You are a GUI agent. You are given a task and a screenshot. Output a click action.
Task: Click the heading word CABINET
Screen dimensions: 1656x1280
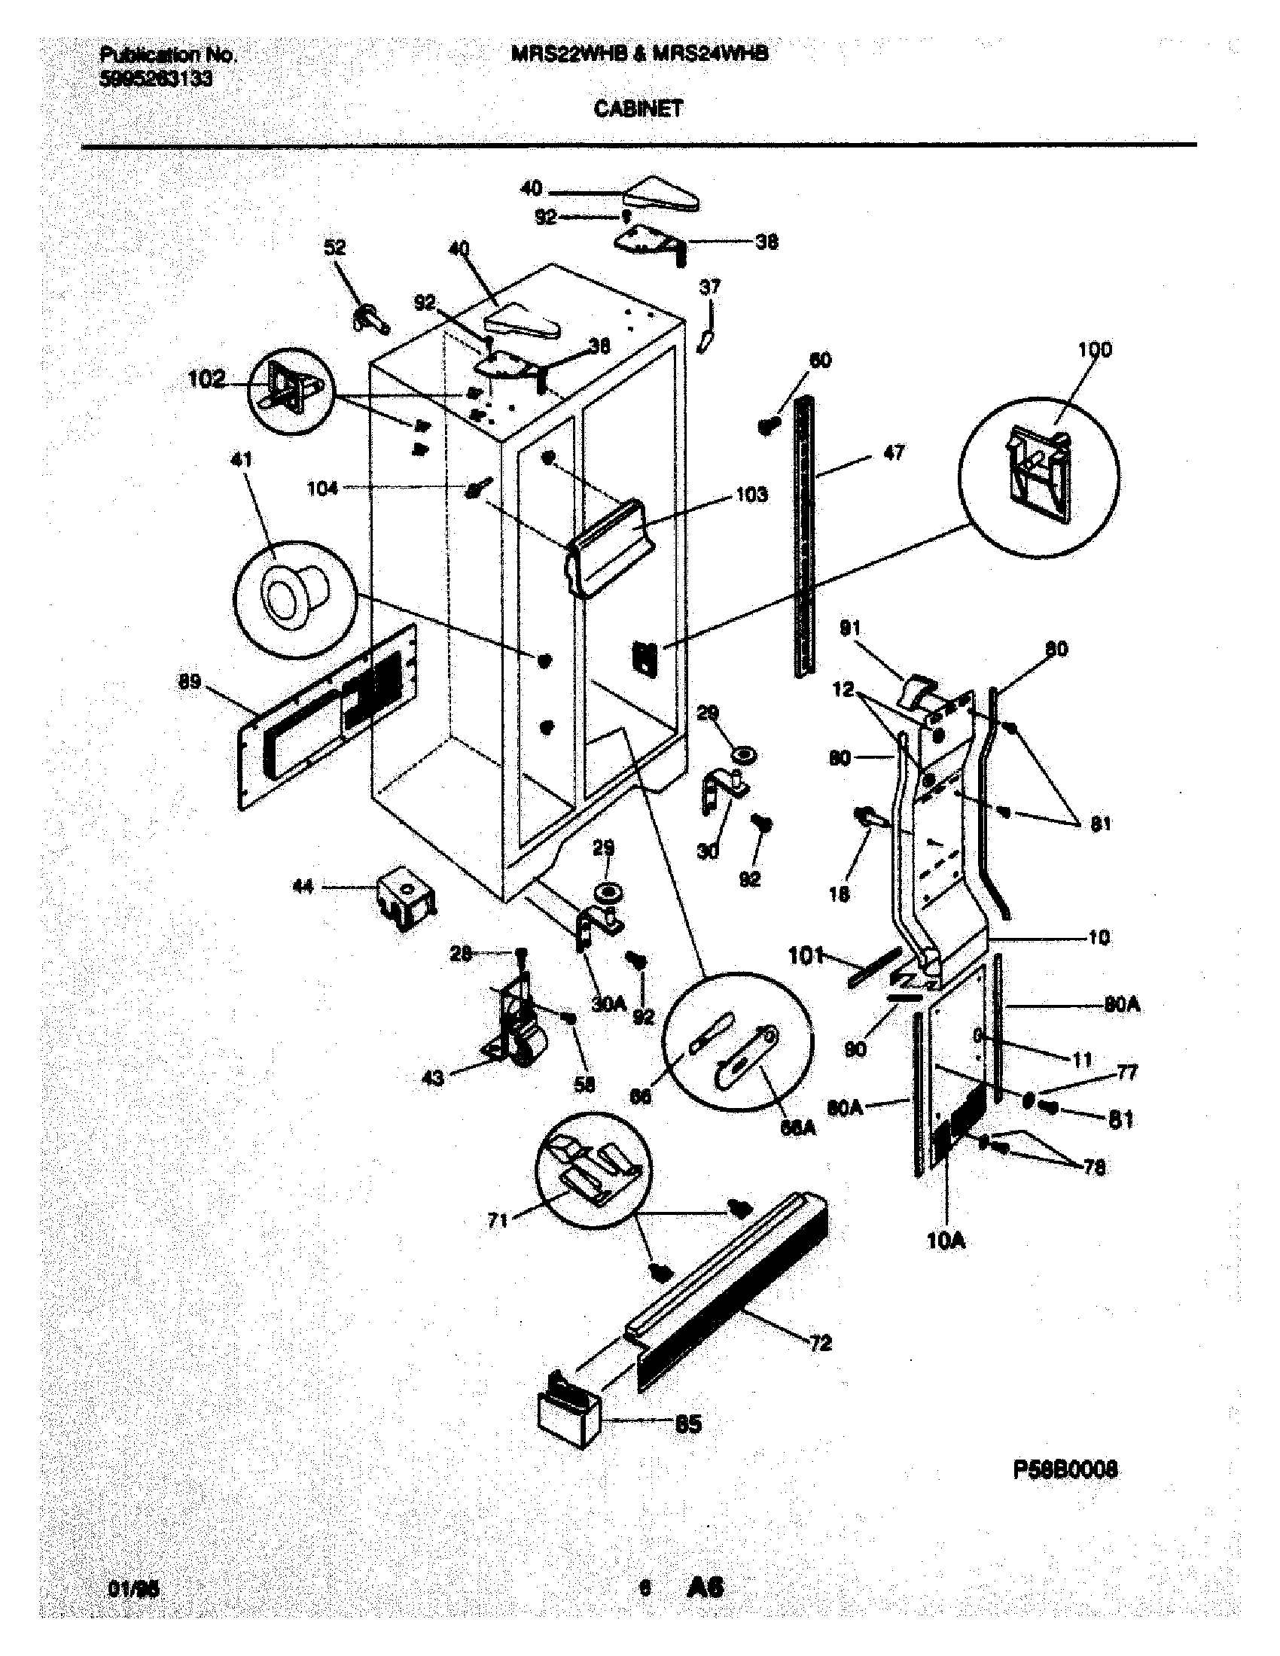638,108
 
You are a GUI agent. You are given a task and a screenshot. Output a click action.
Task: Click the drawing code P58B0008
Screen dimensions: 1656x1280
1065,1469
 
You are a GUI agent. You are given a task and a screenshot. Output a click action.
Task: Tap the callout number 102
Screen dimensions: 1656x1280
206,379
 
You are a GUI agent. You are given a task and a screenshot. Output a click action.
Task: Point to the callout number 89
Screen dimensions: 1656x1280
190,681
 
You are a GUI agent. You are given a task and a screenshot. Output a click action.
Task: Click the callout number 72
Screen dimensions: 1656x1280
820,1344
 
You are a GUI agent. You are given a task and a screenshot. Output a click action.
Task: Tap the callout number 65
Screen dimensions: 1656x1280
687,1423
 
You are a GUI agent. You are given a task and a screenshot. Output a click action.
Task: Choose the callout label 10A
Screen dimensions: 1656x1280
946,1241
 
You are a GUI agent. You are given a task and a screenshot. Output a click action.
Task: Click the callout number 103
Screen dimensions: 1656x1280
751,495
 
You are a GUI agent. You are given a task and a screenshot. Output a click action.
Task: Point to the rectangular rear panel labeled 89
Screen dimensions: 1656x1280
326,717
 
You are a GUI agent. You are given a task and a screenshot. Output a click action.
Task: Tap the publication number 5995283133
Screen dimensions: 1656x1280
156,79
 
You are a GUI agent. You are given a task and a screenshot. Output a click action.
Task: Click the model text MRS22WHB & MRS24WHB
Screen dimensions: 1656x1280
639,53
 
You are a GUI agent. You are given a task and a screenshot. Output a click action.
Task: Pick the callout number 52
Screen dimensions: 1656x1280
335,247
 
